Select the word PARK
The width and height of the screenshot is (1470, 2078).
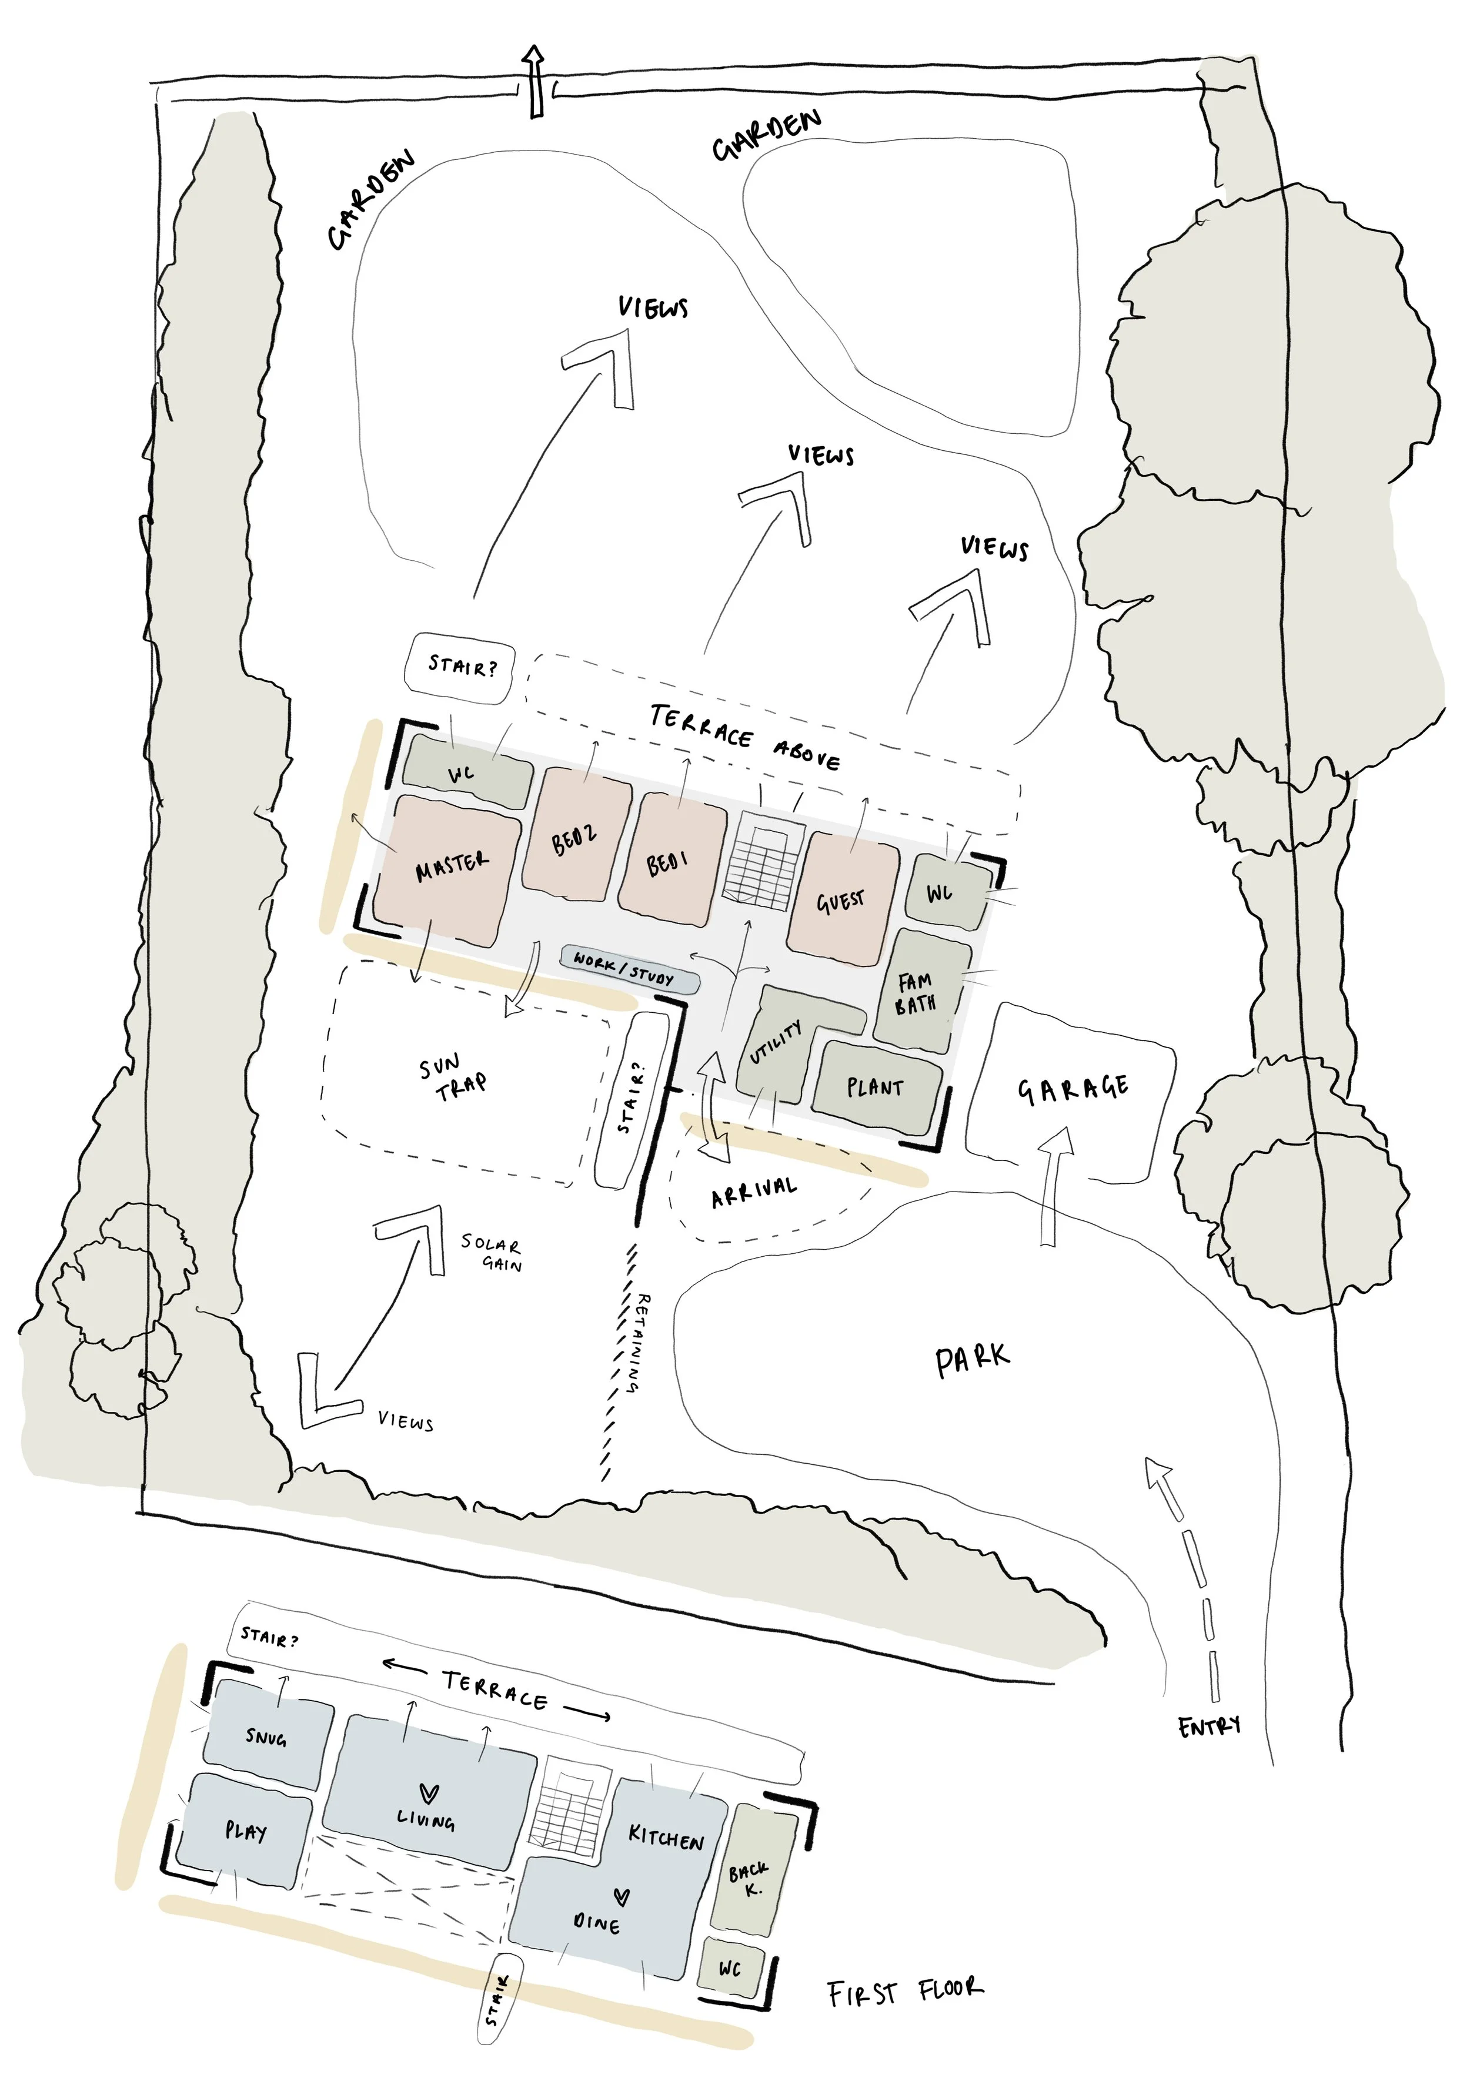click(x=971, y=1360)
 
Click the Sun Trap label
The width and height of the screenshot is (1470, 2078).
click(x=453, y=1077)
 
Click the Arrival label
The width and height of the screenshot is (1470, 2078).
click(x=754, y=1192)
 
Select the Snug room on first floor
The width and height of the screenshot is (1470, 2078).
click(x=267, y=1737)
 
